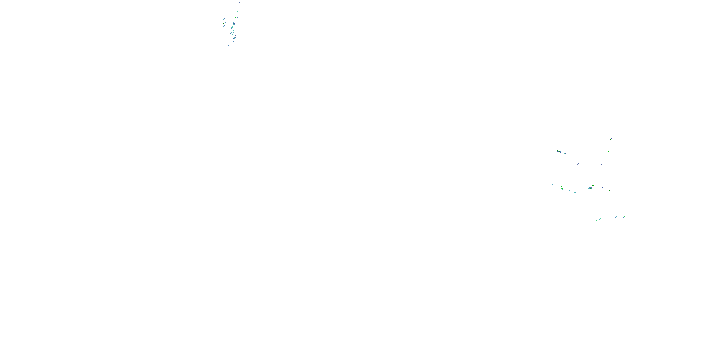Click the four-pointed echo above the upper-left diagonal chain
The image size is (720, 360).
tap(237, 12)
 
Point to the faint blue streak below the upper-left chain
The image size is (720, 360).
tap(229, 45)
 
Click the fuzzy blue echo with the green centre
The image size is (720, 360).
tap(590, 188)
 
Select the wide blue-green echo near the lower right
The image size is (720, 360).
tap(624, 217)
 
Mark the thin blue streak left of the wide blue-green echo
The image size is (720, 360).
tap(616, 217)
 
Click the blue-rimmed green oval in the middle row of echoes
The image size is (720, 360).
tap(562, 188)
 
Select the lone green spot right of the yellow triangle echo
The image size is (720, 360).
tap(575, 192)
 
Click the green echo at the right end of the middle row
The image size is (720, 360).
tap(609, 190)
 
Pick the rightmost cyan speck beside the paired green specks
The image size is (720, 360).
tap(621, 150)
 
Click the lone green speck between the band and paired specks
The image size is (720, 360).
tap(600, 151)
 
